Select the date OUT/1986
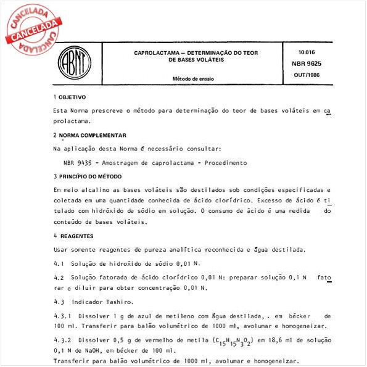point(307,74)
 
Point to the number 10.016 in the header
point(307,52)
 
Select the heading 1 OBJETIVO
point(70,97)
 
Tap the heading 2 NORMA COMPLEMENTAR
point(90,135)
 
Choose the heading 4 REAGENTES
point(73,236)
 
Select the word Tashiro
point(118,302)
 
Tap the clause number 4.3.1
point(63,315)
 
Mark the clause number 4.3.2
point(63,340)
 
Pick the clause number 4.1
point(59,263)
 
